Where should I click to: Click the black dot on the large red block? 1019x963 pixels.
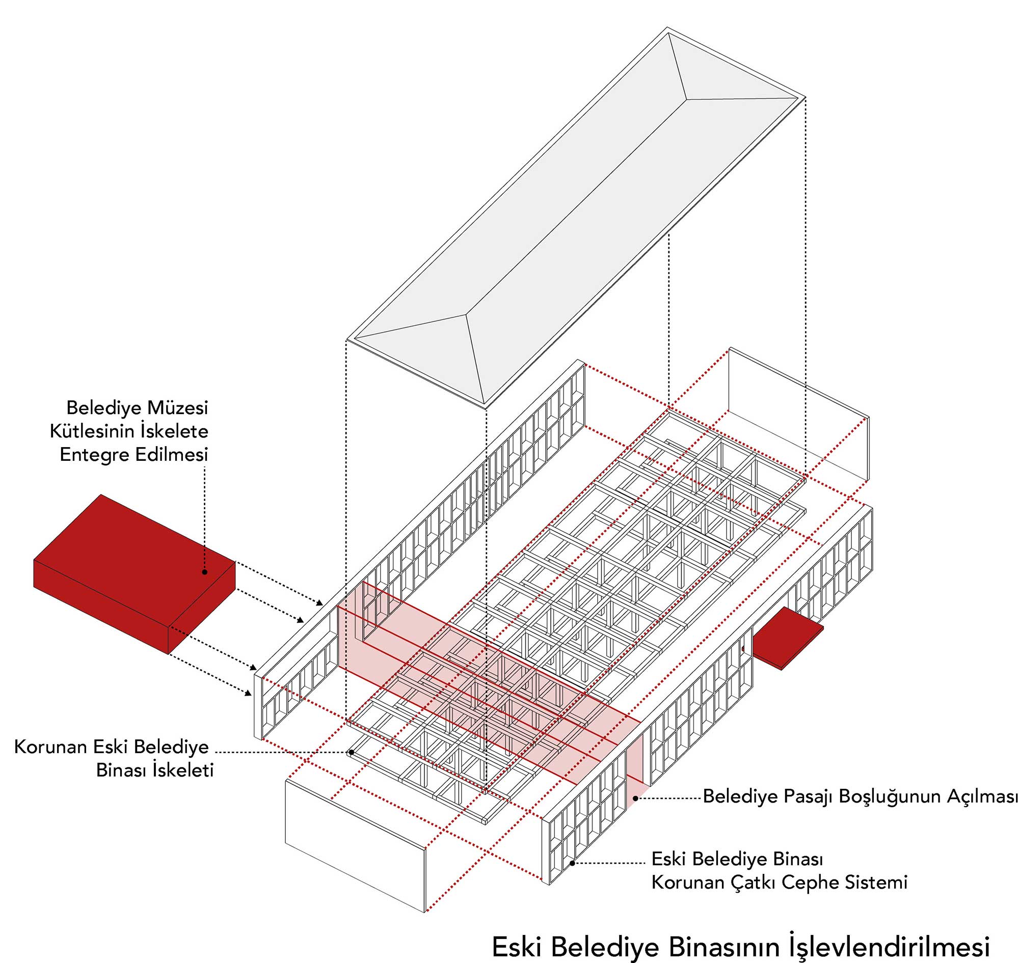(204, 571)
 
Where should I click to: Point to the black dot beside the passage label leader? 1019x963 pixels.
(636, 798)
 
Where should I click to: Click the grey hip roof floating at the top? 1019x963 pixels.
(575, 215)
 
